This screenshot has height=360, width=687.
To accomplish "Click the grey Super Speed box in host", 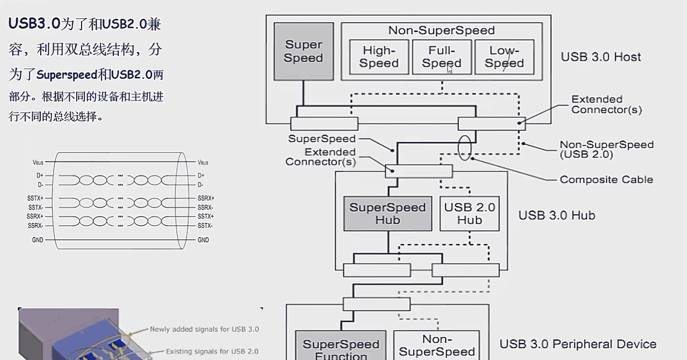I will click(x=303, y=52).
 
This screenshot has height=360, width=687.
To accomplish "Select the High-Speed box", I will click(x=379, y=57).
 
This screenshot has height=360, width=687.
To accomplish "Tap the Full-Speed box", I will click(x=442, y=57).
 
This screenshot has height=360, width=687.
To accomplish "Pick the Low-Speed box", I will click(x=504, y=57).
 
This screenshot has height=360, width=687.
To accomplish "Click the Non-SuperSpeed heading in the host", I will click(x=441, y=31).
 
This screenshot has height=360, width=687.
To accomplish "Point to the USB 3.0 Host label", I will click(x=601, y=57).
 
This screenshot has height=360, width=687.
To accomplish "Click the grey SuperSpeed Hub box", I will click(x=388, y=214).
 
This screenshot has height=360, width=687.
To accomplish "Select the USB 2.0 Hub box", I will click(x=470, y=214).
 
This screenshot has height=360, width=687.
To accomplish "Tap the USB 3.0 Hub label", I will click(x=557, y=216).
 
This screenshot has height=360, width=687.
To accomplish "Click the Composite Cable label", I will click(x=606, y=180).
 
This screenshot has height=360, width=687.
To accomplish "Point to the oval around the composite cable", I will click(x=465, y=147).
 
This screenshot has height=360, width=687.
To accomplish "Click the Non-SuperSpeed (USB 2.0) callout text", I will click(x=606, y=149).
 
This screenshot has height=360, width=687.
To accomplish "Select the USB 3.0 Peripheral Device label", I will click(x=578, y=344).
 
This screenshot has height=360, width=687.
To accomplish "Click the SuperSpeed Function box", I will click(x=341, y=348).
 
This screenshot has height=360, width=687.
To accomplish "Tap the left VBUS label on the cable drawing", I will click(x=38, y=162).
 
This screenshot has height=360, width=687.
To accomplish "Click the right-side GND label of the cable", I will click(x=203, y=240).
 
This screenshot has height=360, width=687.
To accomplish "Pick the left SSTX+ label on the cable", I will click(x=35, y=198).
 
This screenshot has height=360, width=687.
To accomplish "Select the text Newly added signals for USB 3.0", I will click(x=204, y=329).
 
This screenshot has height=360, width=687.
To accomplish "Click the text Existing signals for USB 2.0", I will click(x=211, y=351).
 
